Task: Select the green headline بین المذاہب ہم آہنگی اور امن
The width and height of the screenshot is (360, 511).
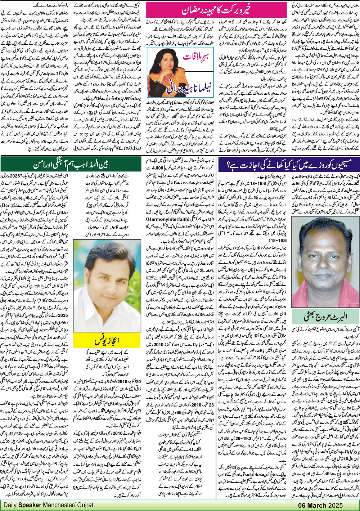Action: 71,164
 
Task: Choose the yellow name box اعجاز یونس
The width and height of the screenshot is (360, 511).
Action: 107,339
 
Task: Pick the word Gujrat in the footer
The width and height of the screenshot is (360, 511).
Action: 84,505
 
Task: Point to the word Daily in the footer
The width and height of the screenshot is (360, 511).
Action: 10,505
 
